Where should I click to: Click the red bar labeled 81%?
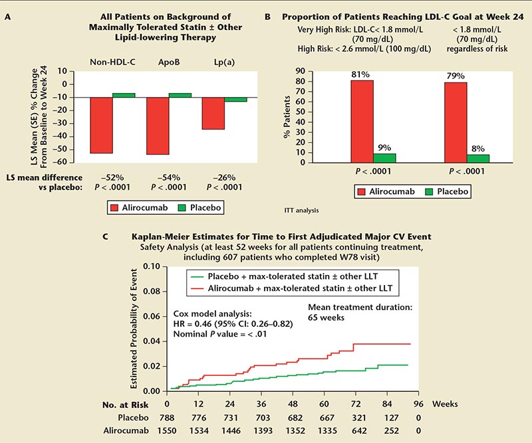coord(361,122)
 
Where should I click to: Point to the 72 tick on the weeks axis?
coord(354,402)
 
